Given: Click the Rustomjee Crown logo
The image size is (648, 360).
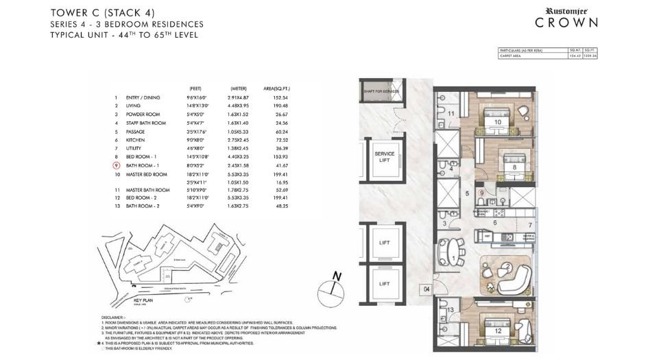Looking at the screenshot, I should [x=566, y=17].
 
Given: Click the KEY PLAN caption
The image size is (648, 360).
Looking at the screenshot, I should [x=143, y=300].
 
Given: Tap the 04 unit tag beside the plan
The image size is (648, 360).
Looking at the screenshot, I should [x=426, y=290].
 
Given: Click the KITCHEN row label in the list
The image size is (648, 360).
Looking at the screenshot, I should [x=135, y=140].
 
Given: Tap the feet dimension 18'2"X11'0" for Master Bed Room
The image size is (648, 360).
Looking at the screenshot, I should [x=197, y=174].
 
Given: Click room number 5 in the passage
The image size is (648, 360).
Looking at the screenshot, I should [x=467, y=194].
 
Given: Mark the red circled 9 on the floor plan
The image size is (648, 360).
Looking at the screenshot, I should [x=482, y=193].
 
